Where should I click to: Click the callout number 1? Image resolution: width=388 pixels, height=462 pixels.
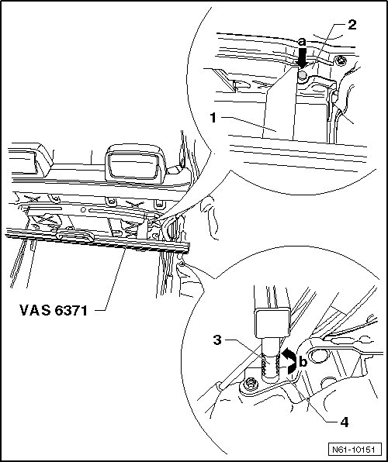[x=213, y=118]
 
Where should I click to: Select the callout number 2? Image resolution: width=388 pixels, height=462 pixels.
[x=352, y=25]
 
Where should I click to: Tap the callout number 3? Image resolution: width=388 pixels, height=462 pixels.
[x=217, y=340]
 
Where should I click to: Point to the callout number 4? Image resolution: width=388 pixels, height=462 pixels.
[x=344, y=422]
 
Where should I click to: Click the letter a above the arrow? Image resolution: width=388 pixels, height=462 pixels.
[x=302, y=42]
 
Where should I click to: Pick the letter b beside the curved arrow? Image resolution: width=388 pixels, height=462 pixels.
[x=303, y=361]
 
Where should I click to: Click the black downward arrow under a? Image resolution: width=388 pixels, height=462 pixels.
[x=302, y=58]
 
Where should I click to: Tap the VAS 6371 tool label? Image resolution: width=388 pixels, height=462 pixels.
[x=54, y=310]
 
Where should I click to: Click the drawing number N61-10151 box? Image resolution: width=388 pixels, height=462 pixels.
[x=353, y=450]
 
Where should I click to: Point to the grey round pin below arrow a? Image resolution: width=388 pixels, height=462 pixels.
[x=302, y=76]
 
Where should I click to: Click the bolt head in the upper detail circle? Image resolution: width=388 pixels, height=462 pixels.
[x=341, y=60]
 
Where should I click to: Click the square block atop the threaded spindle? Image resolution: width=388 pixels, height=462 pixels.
[x=272, y=322]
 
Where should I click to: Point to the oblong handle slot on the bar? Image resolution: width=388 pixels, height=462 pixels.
[x=74, y=235]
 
